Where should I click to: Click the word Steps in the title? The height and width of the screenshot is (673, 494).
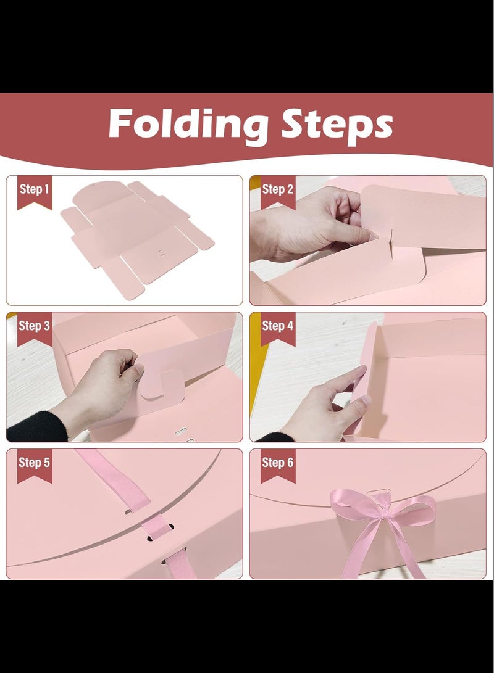pos(337,125)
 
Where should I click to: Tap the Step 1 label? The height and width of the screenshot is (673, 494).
pos(35,189)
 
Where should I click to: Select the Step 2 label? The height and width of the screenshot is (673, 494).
pos(278,189)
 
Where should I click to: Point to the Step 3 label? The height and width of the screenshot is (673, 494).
pos(35,326)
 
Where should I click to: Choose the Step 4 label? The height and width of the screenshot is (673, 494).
pos(278,326)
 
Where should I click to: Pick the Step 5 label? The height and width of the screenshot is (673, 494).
pos(35,463)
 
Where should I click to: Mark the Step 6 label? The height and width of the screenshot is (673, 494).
pos(278,463)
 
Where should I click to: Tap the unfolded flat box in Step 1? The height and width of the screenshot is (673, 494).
pos(138,238)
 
